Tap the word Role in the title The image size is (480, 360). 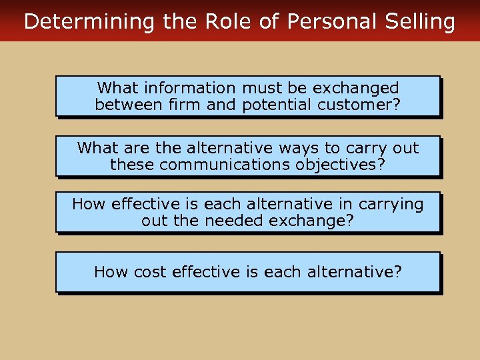tap(229, 21)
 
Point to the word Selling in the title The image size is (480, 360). tap(417, 21)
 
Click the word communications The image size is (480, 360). tap(221, 164)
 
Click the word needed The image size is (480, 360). tap(231, 221)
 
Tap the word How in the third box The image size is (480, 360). tap(89, 204)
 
